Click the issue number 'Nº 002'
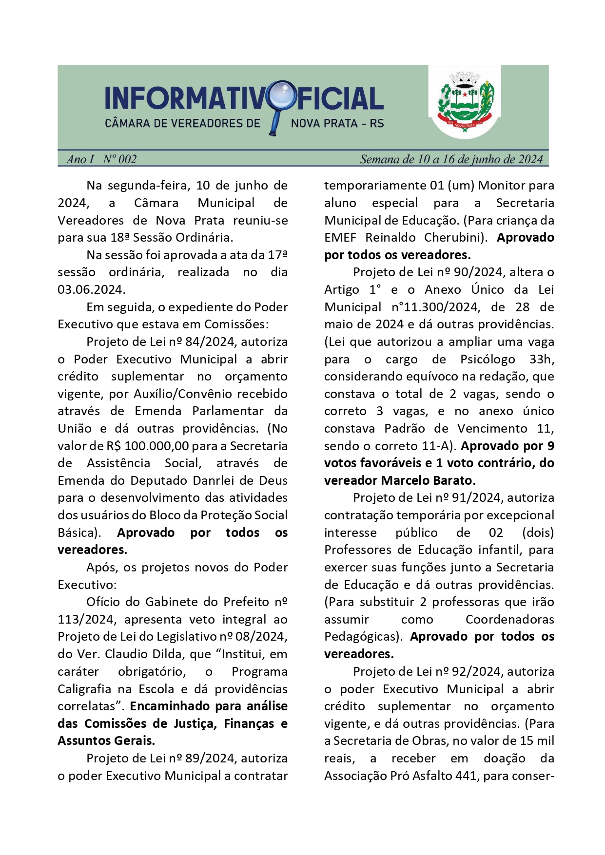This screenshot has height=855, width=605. point(119,159)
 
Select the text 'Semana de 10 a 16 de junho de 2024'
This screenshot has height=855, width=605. point(451,159)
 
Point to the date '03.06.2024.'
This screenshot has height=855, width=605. point(91,290)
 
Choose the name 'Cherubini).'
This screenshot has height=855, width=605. point(455,238)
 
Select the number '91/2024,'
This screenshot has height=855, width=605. point(477,498)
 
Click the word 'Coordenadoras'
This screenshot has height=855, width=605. point(509,620)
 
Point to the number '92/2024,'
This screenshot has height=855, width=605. point(477,672)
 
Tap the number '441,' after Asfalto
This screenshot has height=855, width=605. point(467,776)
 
